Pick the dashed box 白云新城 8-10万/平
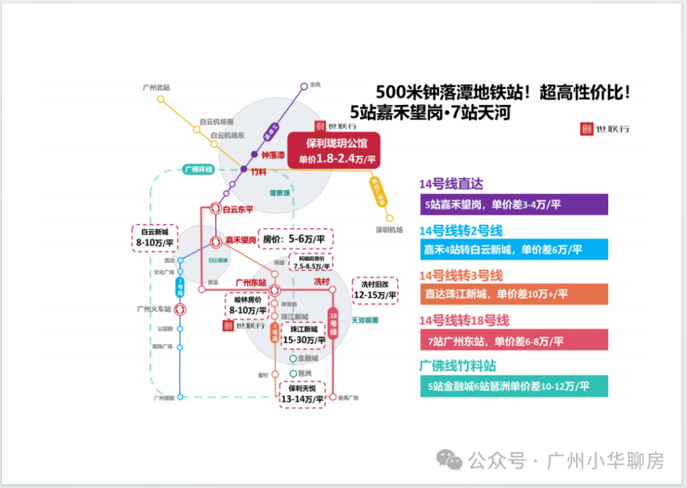(151, 237)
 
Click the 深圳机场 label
(390, 229)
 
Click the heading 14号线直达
(452, 184)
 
